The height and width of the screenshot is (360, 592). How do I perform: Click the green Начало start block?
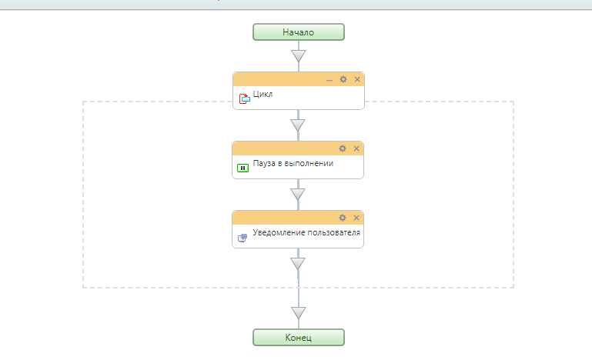pyautogui.click(x=298, y=32)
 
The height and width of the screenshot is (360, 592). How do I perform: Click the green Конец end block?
pyautogui.click(x=298, y=338)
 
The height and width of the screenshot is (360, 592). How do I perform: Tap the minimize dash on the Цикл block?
pyautogui.click(x=329, y=80)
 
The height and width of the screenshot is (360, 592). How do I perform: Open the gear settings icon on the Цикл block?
pyautogui.click(x=343, y=79)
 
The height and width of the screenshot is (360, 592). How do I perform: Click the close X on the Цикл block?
pyautogui.click(x=357, y=79)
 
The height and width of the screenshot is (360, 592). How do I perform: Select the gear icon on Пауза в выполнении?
pyautogui.click(x=343, y=148)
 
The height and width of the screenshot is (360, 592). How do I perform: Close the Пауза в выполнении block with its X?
pyautogui.click(x=356, y=148)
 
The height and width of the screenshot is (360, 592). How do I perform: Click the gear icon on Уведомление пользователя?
pyautogui.click(x=343, y=218)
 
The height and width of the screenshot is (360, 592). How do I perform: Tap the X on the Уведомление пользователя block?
pyautogui.click(x=356, y=218)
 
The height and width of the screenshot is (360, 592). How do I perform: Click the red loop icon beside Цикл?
pyautogui.click(x=244, y=98)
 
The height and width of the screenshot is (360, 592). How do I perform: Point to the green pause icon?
pyautogui.click(x=242, y=168)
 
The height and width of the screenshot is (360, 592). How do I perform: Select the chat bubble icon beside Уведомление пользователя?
pyautogui.click(x=242, y=238)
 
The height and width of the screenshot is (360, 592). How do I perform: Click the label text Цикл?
pyautogui.click(x=263, y=95)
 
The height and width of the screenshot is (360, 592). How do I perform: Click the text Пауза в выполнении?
pyautogui.click(x=293, y=163)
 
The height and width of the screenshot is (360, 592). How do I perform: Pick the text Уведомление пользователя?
pyautogui.click(x=306, y=232)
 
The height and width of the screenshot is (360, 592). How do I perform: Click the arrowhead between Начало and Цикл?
pyautogui.click(x=299, y=56)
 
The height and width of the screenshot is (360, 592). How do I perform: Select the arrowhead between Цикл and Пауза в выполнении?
pyautogui.click(x=298, y=125)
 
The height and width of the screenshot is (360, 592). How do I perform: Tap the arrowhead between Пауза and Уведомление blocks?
pyautogui.click(x=298, y=195)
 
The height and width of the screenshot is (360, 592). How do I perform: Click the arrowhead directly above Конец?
pyautogui.click(x=299, y=313)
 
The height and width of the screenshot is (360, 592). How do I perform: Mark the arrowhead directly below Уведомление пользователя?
pyautogui.click(x=298, y=263)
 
